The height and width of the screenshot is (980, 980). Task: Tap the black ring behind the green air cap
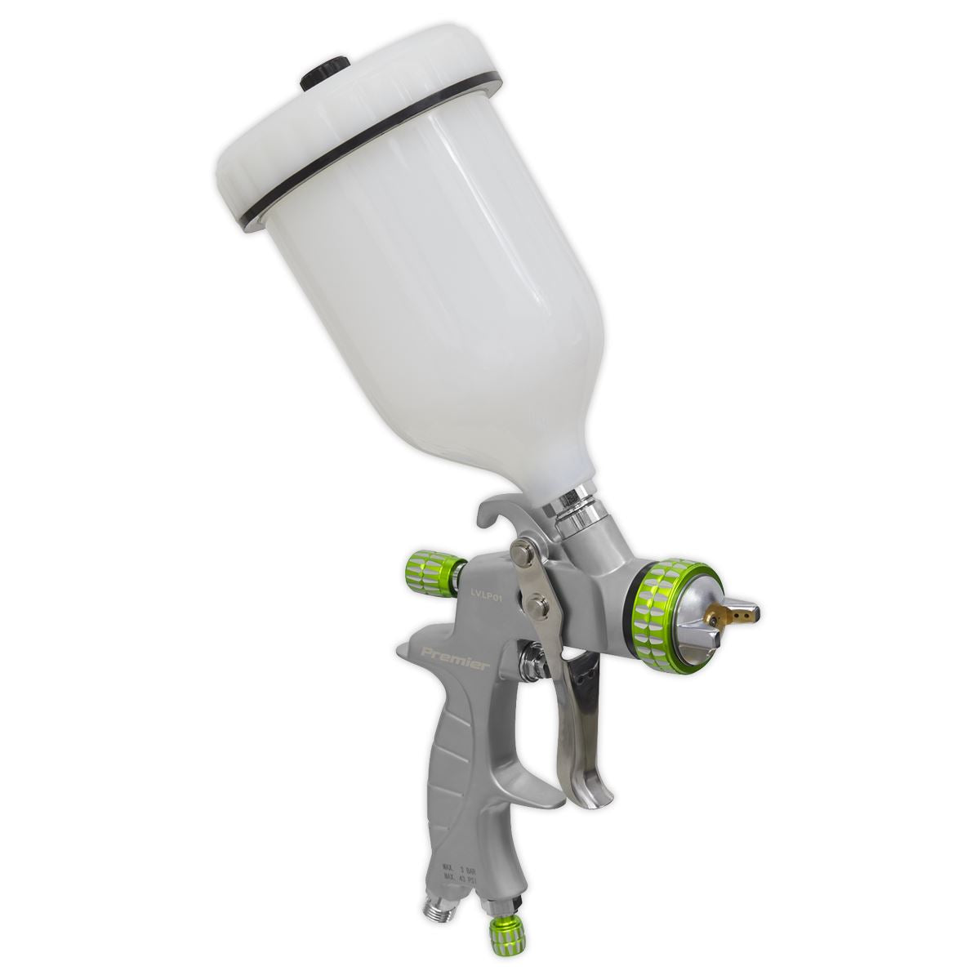tap(635, 608)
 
